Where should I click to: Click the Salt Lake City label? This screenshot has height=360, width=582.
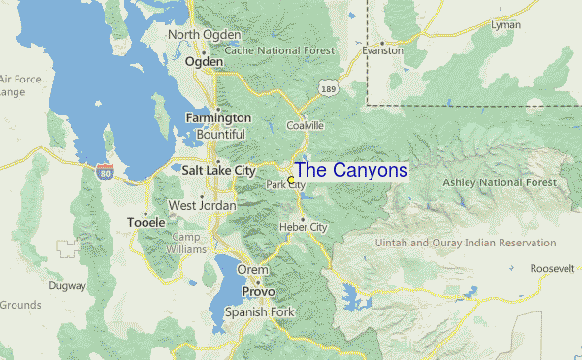(x=218, y=169)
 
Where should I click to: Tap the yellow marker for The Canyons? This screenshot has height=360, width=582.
(x=291, y=180)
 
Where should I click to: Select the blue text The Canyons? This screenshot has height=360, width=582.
(x=351, y=170)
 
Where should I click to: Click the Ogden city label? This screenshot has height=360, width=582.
(x=205, y=60)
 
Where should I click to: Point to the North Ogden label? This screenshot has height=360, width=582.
(x=204, y=35)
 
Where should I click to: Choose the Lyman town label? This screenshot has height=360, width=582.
(x=505, y=24)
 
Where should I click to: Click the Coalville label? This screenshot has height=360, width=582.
(x=305, y=126)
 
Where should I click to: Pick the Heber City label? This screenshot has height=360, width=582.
(x=305, y=227)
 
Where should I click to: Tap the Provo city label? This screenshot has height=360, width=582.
(x=258, y=291)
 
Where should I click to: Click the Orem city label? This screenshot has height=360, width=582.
(x=252, y=271)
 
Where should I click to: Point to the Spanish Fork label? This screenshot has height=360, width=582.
(x=257, y=312)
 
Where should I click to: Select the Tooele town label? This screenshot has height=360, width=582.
(x=145, y=222)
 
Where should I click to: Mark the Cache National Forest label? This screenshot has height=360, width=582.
(x=279, y=50)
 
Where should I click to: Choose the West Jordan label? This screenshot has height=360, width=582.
(x=202, y=205)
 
